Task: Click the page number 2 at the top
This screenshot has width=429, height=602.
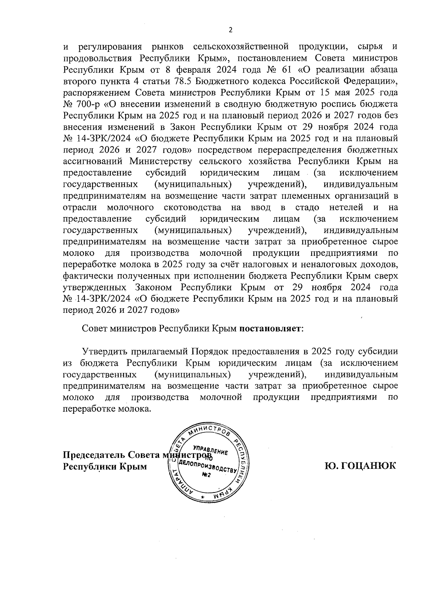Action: [x=230, y=30]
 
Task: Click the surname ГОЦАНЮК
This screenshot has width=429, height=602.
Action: [x=361, y=466]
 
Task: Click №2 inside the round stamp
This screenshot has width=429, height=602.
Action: [x=206, y=475]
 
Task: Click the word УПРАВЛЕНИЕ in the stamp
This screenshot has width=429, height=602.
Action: [x=210, y=450]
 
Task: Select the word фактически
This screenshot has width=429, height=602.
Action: [x=84, y=276]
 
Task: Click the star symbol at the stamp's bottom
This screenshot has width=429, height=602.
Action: [x=203, y=498]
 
